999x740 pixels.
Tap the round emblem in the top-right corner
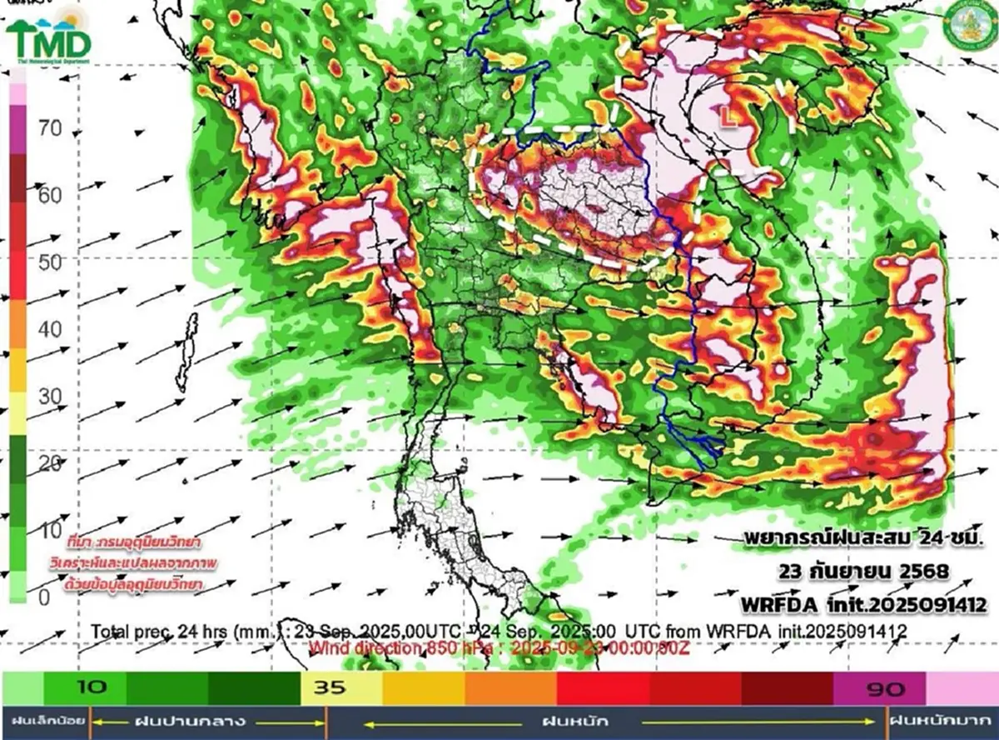968,26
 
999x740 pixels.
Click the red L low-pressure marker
728,119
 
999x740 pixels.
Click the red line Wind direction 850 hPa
499,647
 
